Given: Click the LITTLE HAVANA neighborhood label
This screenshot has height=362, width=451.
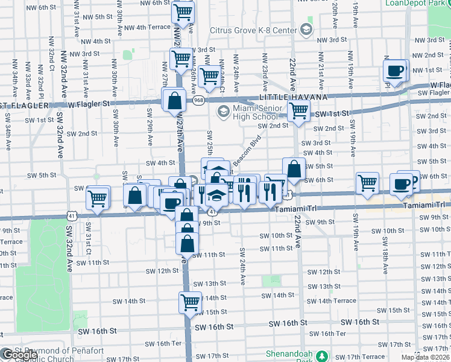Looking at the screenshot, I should (x=293, y=97).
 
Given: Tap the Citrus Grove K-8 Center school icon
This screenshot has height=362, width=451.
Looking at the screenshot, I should (x=306, y=30).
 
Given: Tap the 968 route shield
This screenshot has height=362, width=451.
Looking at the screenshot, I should (x=198, y=100).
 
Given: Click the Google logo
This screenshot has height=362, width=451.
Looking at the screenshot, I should (x=19, y=355).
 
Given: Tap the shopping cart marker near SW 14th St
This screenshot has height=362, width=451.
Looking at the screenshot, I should (x=190, y=302).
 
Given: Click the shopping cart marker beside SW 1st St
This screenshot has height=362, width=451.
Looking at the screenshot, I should (x=298, y=112).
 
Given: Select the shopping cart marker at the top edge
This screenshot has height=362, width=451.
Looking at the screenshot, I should (x=183, y=11).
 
